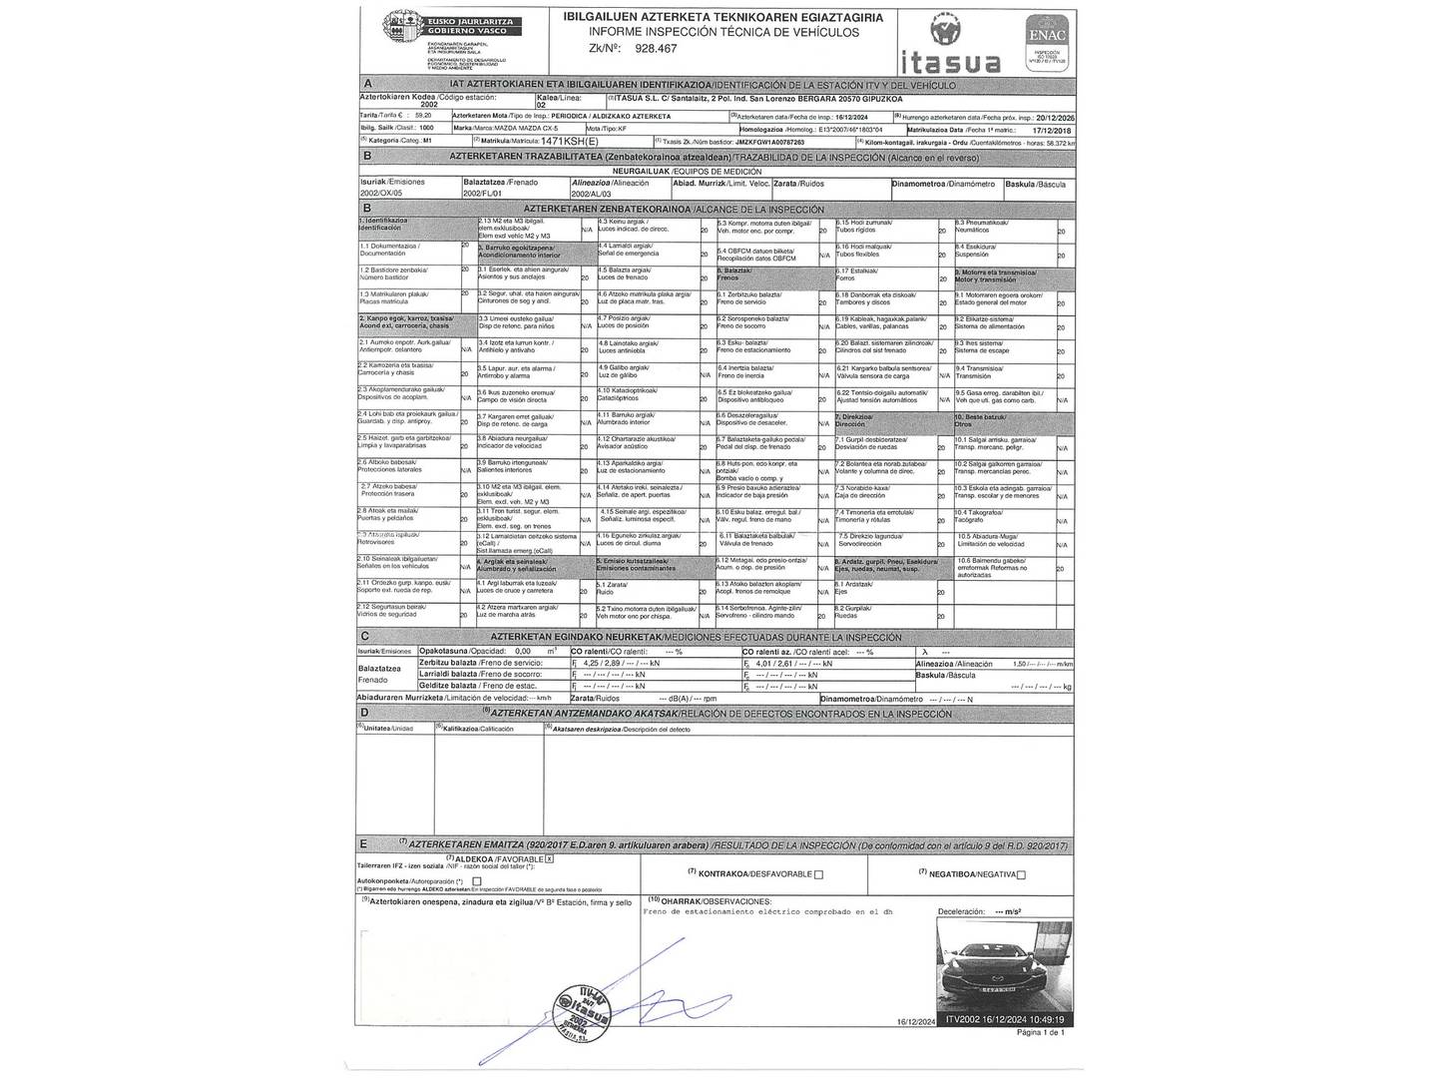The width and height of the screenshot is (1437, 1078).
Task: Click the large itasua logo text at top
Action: pyautogui.click(x=951, y=63)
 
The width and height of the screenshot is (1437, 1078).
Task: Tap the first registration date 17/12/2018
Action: pyautogui.click(x=1050, y=130)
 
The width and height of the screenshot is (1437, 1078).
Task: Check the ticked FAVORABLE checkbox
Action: pyautogui.click(x=550, y=858)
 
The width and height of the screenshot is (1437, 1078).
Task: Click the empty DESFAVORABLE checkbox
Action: pyautogui.click(x=818, y=875)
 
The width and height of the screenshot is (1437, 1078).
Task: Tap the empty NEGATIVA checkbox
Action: pyautogui.click(x=1021, y=875)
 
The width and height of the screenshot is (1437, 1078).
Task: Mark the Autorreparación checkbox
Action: pyautogui.click(x=477, y=882)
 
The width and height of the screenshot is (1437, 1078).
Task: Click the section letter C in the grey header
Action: pyautogui.click(x=366, y=637)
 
